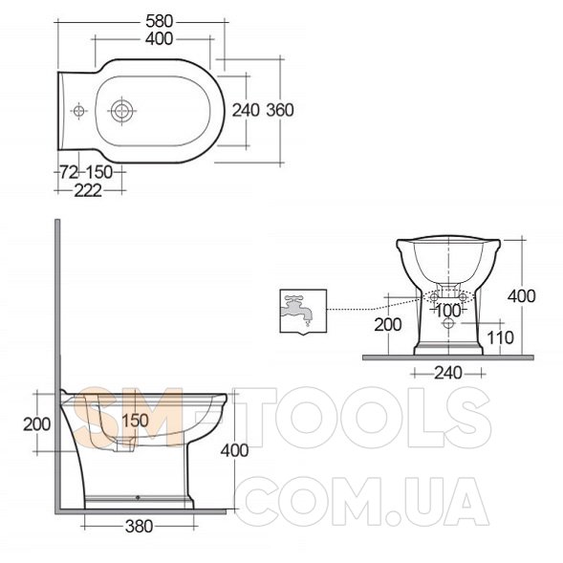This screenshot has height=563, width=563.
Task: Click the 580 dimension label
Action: coord(159,22)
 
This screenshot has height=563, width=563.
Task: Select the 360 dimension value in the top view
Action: coord(280,110)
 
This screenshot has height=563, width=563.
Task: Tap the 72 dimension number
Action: coord(69,172)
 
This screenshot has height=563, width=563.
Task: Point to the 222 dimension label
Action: coord(88,190)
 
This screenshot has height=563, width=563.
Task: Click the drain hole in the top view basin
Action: coord(121,111)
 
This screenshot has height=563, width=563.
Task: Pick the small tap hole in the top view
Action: coord(79,111)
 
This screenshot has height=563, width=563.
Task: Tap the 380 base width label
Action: coord(139,527)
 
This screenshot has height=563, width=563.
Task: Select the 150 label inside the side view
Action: coord(136,421)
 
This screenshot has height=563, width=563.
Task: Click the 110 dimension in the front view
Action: coord(500,337)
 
